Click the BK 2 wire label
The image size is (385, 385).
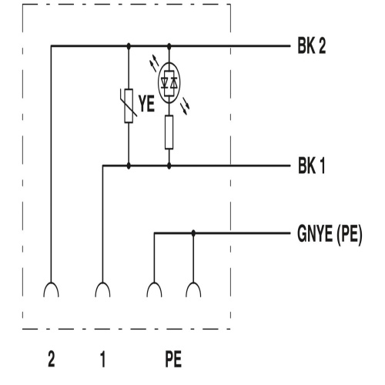(x=312, y=45)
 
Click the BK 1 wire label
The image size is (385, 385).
(x=311, y=166)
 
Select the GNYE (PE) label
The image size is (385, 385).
(x=330, y=234)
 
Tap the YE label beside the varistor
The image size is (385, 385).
(x=147, y=104)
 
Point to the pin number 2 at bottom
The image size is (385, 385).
(x=52, y=359)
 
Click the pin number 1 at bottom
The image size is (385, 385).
(x=103, y=359)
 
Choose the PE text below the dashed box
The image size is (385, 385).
(x=173, y=359)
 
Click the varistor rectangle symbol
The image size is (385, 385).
(x=129, y=105)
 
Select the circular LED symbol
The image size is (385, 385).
(x=169, y=82)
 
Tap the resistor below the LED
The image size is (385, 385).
(x=169, y=132)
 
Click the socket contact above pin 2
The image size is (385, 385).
(x=51, y=290)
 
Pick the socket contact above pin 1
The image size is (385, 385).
(x=102, y=290)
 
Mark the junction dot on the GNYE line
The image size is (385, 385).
(x=193, y=233)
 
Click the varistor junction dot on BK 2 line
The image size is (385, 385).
(x=129, y=46)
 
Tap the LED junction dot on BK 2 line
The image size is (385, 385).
(x=169, y=46)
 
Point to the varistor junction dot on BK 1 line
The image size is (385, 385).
(x=129, y=166)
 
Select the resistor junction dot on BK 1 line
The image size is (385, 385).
(x=169, y=166)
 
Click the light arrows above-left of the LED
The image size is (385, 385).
(x=155, y=62)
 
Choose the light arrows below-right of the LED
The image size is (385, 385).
(x=185, y=106)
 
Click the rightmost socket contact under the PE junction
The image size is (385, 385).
(x=193, y=290)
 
